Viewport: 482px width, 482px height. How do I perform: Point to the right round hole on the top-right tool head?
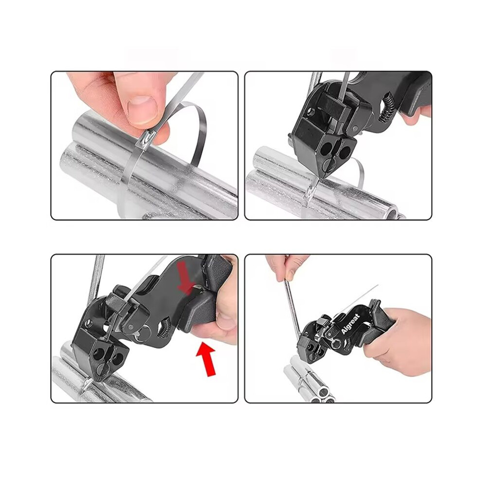click(345, 152)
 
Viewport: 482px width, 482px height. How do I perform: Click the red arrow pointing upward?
click(206, 359)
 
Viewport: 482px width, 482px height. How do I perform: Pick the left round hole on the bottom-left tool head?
click(99, 353)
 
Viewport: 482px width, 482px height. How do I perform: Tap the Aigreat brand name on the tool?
click(351, 323)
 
